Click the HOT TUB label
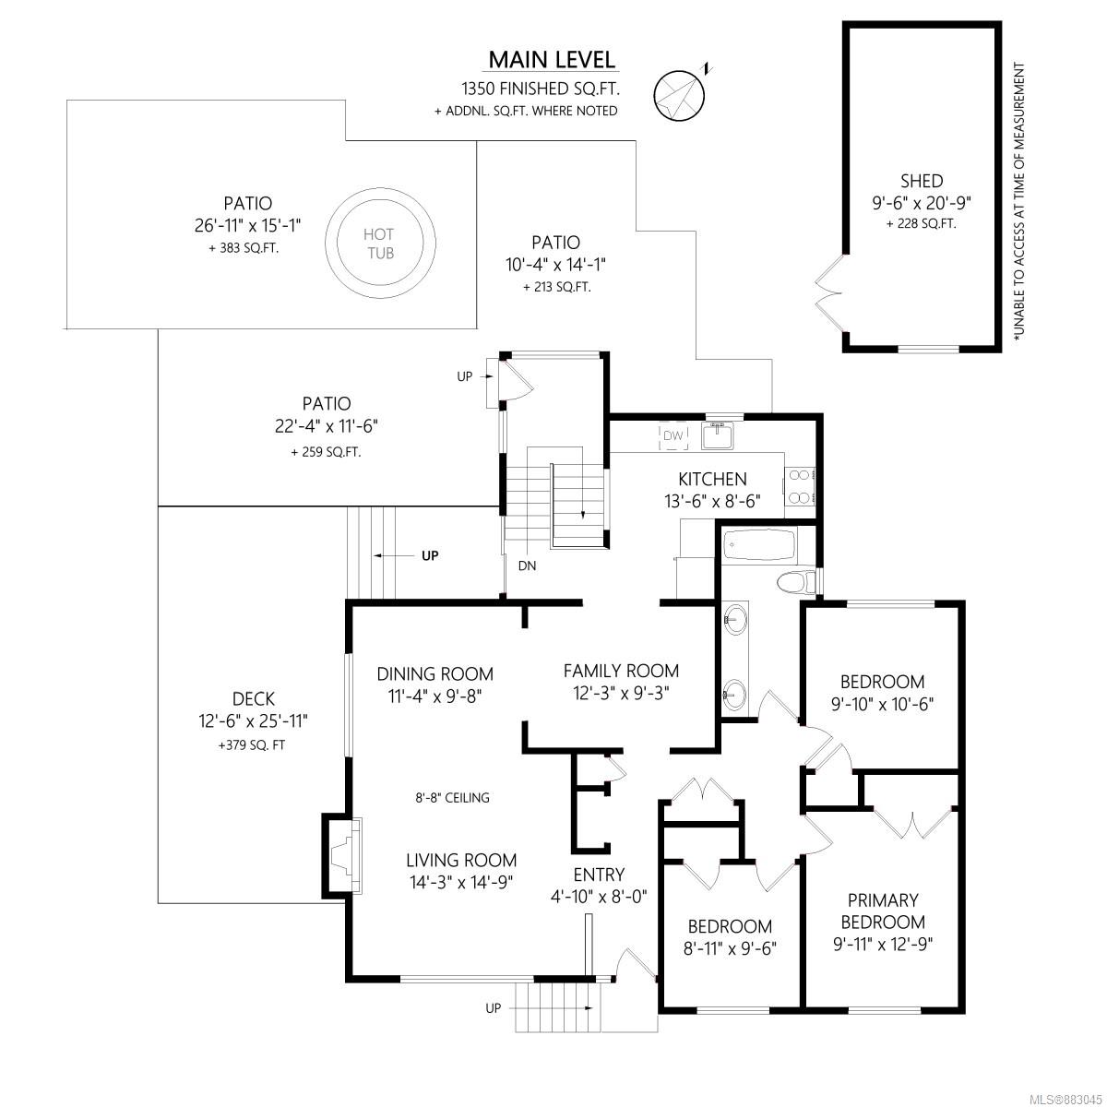(x=379, y=244)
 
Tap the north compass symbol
(x=680, y=95)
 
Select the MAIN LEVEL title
(x=552, y=60)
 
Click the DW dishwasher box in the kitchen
(x=673, y=436)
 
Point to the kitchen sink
(x=717, y=434)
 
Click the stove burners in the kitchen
(x=799, y=486)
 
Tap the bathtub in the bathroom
(x=759, y=544)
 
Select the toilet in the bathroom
(x=795, y=582)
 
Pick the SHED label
(x=922, y=181)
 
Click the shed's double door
(x=830, y=293)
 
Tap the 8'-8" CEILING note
(x=453, y=798)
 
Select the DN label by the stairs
(x=527, y=565)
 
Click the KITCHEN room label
(x=712, y=479)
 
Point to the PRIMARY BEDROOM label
(x=883, y=911)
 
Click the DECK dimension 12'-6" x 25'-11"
(x=254, y=721)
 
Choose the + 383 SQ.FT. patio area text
(x=244, y=249)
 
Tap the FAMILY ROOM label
(x=621, y=671)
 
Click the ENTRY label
(x=599, y=875)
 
